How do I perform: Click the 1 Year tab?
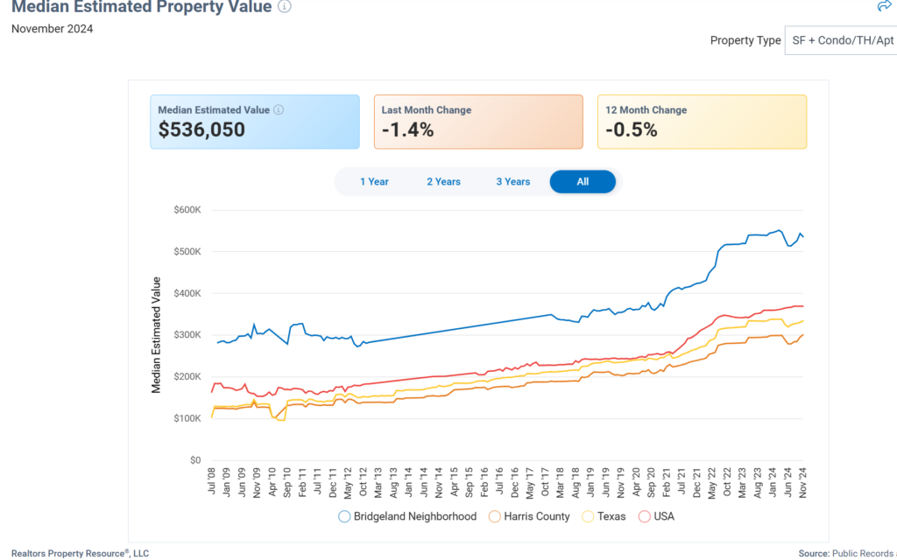pos(374,182)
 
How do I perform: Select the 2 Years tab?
pos(443,182)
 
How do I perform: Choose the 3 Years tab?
pos(512,182)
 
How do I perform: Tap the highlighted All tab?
pos(583,182)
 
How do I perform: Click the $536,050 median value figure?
pos(201,130)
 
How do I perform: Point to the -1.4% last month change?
pos(407,130)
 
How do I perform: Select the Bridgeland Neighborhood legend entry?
pos(408,516)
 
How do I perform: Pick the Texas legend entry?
pos(604,516)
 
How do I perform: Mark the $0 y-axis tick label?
pos(195,460)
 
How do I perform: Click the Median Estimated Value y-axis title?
pos(157,335)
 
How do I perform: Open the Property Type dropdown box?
pos(840,40)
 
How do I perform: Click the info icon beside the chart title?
pos(285,6)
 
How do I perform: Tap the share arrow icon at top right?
pos(884,6)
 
